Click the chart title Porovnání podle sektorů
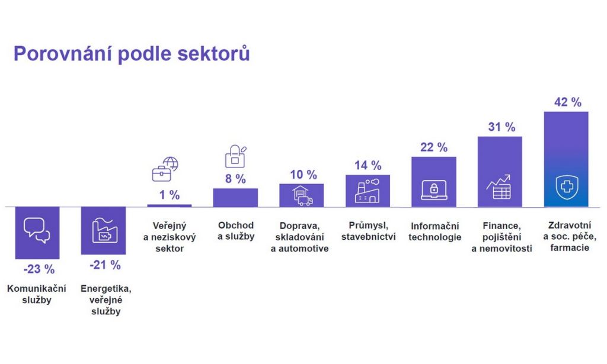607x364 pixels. click(x=132, y=54)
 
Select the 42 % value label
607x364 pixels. click(x=567, y=102)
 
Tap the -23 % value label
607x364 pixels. click(x=39, y=269)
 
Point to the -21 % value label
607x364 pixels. click(x=105, y=265)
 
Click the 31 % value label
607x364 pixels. click(x=501, y=127)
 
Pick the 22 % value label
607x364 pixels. click(x=434, y=147)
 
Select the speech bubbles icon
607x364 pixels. click(x=37, y=230)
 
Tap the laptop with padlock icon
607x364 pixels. click(x=434, y=190)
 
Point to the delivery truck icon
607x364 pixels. click(x=302, y=195)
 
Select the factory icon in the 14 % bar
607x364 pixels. click(x=368, y=190)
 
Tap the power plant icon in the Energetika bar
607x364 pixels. click(x=104, y=230)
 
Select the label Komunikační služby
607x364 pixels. click(x=37, y=294)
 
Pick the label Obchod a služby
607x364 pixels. click(x=235, y=231)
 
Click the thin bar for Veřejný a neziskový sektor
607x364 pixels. click(x=170, y=205)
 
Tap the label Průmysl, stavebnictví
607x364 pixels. click(x=368, y=231)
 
